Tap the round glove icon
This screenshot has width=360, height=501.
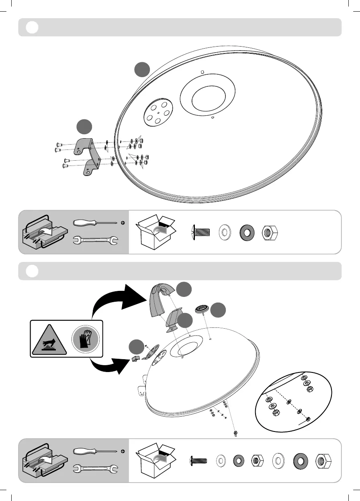(85, 338)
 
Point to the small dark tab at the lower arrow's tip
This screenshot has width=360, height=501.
(135, 358)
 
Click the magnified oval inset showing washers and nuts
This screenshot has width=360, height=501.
(294, 402)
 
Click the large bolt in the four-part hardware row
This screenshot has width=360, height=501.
(201, 232)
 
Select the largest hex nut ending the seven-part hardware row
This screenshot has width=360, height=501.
(324, 460)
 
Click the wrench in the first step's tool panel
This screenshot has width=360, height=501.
(96, 241)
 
